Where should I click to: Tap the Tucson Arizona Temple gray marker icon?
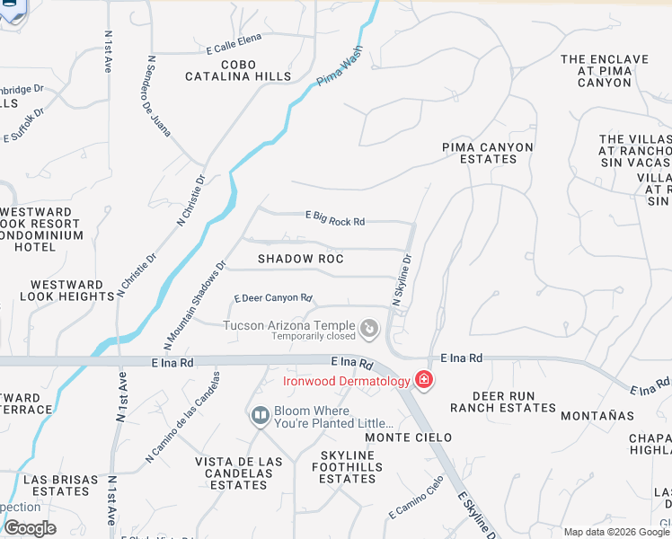pos(368,331)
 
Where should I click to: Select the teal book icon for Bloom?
pos(260,416)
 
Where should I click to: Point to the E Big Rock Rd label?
pos(335,217)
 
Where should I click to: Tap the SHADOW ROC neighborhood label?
pos(301,259)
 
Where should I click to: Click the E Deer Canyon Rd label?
pos(273,298)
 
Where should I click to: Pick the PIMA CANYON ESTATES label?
pos(488,153)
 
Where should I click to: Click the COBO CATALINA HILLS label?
pos(233,71)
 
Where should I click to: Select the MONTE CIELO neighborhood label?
pos(402,437)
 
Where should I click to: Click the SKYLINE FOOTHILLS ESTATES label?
pos(348,467)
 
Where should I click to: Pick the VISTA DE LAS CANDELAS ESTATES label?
pos(239,473)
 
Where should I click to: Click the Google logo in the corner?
pos(30,527)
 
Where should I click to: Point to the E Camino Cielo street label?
pos(416,497)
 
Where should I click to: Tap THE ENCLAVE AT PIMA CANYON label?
pos(604,71)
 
